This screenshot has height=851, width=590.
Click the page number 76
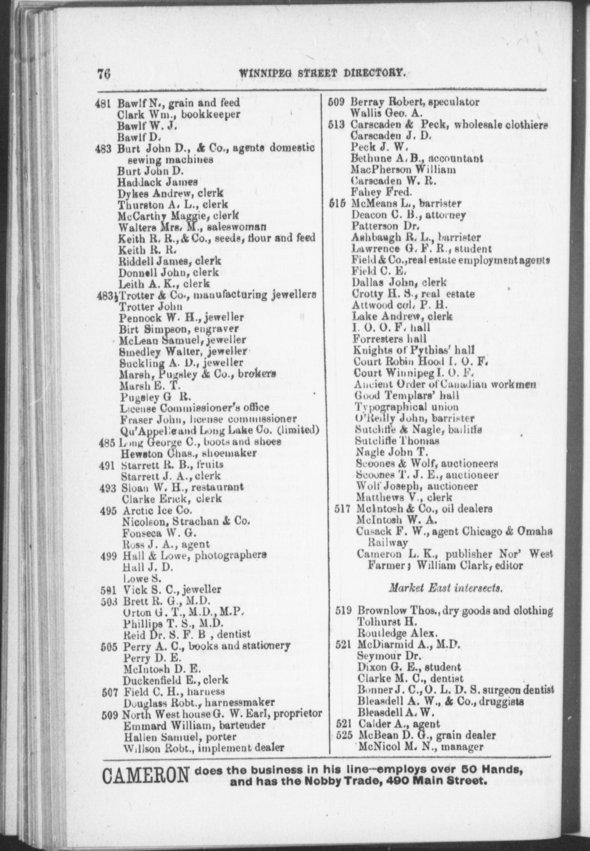[x=104, y=74]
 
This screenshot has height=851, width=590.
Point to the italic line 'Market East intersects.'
[x=446, y=588]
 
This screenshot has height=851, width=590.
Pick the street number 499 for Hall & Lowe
[x=109, y=556]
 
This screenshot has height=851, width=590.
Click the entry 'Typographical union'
[x=406, y=407]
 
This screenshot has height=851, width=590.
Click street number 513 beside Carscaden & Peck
[x=336, y=125]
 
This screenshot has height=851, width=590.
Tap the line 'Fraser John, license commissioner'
[x=208, y=419]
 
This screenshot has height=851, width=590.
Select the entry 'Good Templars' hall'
[x=406, y=396]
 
